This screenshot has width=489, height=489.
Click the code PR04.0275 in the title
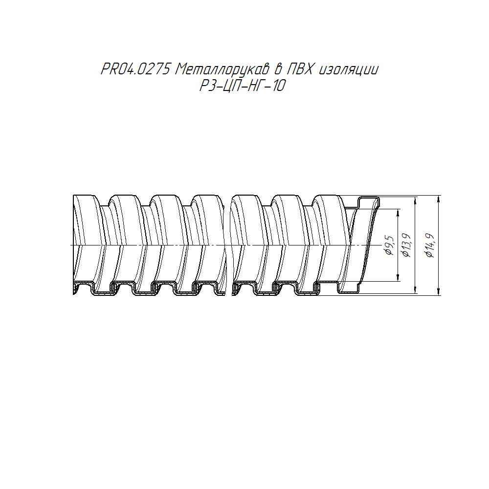click(x=135, y=69)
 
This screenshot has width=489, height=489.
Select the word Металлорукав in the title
click(x=222, y=69)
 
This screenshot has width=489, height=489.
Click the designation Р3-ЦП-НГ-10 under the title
click(x=243, y=86)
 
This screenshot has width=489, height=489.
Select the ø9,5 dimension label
click(x=390, y=245)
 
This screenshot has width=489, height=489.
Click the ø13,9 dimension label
click(x=407, y=245)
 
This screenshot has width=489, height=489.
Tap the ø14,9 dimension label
click(x=430, y=245)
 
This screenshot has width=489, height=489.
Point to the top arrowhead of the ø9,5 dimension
click(x=398, y=213)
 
